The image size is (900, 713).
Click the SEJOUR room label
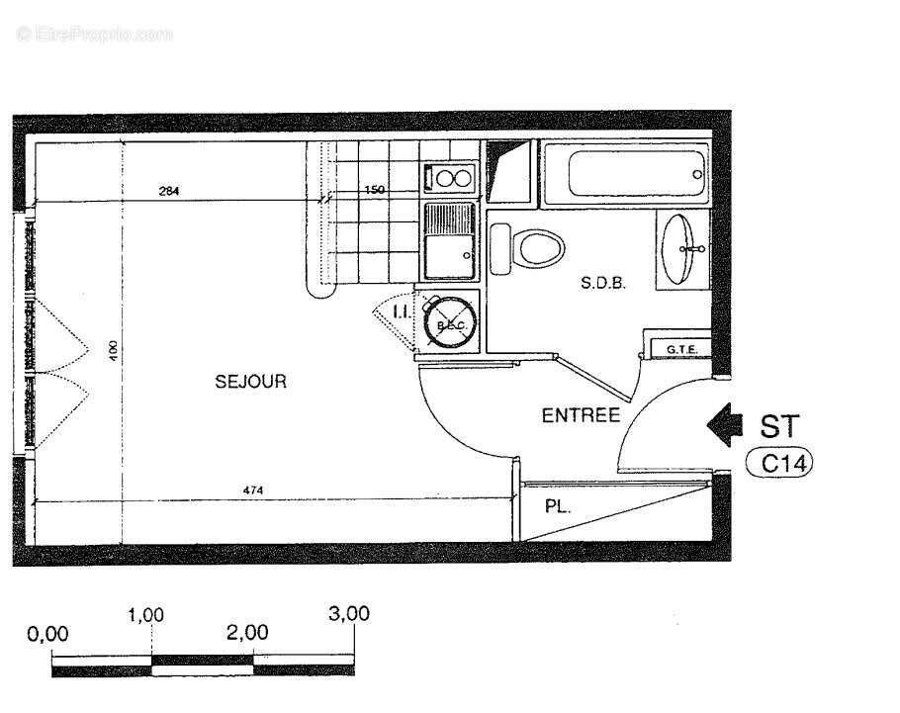point(251,381)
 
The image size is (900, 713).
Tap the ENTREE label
point(581,415)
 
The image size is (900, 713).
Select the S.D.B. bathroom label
point(604,283)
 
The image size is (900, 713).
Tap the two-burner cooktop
point(451,179)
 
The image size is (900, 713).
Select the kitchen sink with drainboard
point(450,240)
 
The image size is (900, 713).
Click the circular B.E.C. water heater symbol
point(450,321)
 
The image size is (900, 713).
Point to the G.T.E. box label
point(682,349)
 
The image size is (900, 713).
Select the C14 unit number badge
point(777,461)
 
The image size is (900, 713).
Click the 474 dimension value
point(254,490)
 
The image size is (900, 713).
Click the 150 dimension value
point(374,190)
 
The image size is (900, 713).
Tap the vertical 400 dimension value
point(114,349)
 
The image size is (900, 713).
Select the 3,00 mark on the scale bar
point(348,613)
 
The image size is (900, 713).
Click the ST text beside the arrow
point(777,425)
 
